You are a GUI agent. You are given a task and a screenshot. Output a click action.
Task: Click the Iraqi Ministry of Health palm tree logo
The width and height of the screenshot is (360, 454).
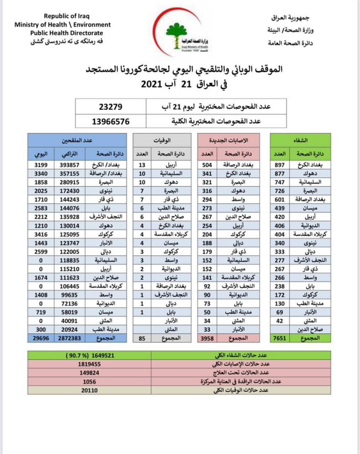[x=180, y=34]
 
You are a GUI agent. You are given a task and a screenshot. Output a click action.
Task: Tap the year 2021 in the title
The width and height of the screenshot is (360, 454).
[x=153, y=84]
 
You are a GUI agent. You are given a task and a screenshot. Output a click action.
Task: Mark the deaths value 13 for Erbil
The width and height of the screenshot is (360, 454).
[x=142, y=164]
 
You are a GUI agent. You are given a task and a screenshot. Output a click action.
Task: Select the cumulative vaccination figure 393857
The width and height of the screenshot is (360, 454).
[x=69, y=164]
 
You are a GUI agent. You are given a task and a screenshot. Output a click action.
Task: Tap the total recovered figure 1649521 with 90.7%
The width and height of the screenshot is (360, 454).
[x=89, y=356]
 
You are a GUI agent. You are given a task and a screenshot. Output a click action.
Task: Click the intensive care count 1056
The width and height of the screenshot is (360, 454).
[x=89, y=382]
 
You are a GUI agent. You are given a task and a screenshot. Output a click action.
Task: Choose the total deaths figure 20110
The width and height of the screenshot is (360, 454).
[x=89, y=391]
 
